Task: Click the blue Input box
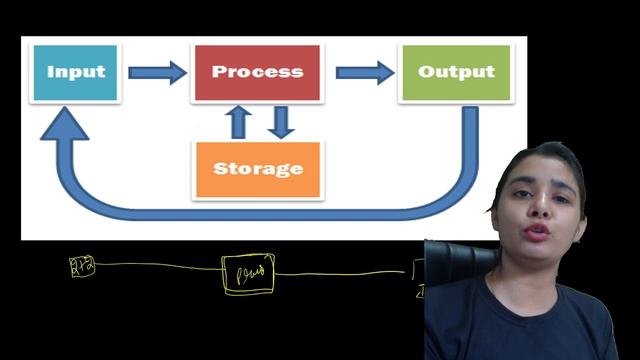tap(76, 72)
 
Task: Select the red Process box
tap(257, 72)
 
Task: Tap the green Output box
tap(455, 72)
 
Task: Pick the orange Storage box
tap(258, 168)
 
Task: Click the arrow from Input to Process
tap(158, 72)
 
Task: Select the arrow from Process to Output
tap(364, 72)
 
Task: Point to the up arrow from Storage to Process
tap(238, 121)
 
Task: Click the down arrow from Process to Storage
tap(282, 121)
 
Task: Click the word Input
tap(76, 72)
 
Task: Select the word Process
tap(257, 72)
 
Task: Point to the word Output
tap(455, 72)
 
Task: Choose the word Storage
tap(258, 168)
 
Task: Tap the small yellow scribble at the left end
tap(81, 265)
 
